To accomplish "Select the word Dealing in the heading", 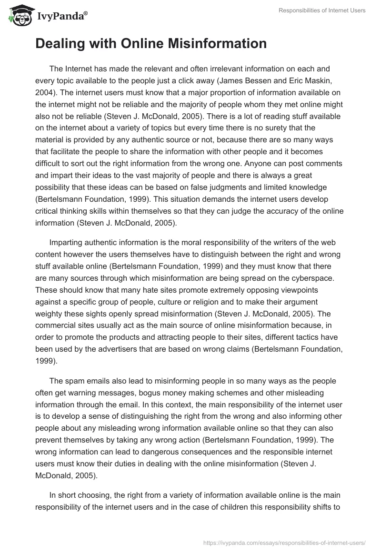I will click(59, 44).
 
